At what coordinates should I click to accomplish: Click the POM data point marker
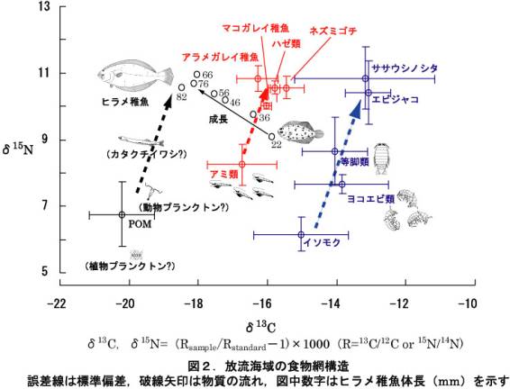point(123,214)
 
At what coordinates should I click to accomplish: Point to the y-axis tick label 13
point(42,7)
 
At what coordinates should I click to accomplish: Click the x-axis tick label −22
point(59,303)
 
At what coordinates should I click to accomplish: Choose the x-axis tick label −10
point(466,303)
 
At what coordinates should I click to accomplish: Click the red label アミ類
point(223,172)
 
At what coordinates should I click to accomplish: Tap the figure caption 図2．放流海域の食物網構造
point(261,366)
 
